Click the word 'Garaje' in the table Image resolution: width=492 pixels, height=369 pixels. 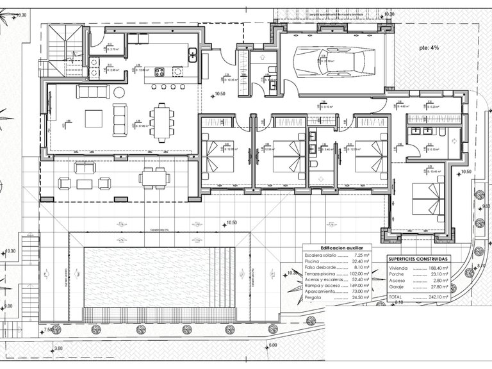397,288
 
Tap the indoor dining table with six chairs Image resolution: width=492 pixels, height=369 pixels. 161,122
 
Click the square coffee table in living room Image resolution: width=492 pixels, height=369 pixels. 94,119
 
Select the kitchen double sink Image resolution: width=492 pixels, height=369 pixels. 192,56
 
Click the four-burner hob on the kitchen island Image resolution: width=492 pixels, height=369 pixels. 159,72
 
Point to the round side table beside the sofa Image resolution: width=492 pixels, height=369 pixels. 119,92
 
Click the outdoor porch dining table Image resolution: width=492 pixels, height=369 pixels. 154,177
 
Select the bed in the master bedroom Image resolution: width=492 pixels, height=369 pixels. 428,199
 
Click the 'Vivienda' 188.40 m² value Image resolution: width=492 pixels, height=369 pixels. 439,268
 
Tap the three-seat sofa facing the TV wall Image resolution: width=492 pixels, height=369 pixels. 93,92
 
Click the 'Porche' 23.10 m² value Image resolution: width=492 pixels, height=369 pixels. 439,274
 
